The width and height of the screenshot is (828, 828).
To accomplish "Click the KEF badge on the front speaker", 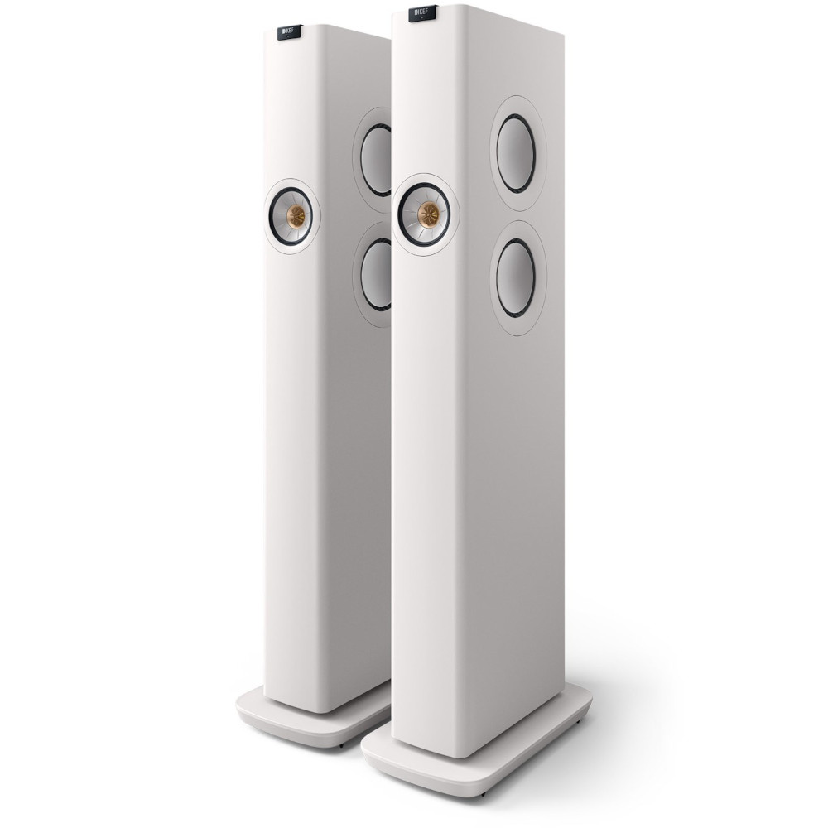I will [x=426, y=14].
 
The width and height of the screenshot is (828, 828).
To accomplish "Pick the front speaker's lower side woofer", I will [x=517, y=277].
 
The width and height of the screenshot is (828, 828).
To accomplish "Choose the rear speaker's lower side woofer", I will [x=377, y=274].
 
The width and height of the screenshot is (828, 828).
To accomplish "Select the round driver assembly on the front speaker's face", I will [x=428, y=214].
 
